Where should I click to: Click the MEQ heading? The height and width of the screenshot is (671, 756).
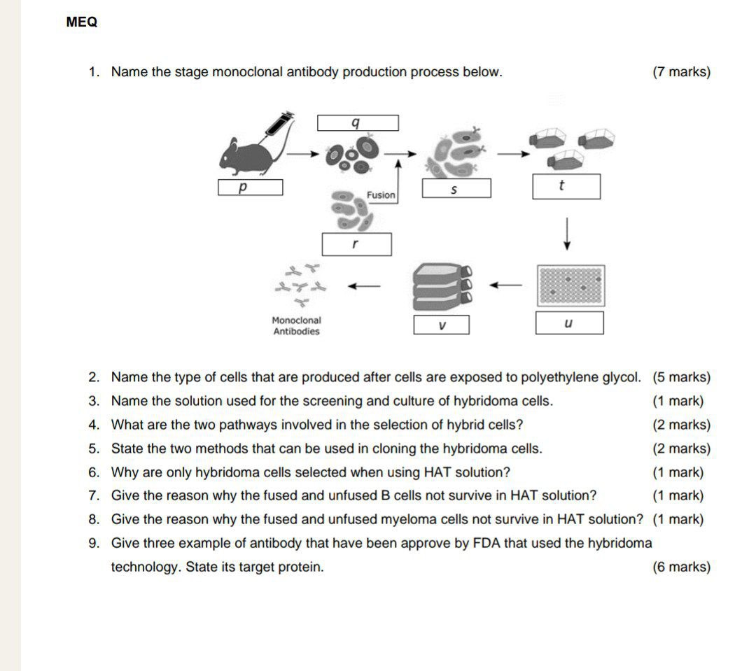(82, 22)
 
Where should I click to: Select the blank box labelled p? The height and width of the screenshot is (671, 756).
(250, 188)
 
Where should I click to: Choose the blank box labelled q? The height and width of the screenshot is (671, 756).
(358, 123)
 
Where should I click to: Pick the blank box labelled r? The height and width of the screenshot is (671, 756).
(356, 244)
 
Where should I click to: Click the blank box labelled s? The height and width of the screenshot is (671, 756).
(456, 188)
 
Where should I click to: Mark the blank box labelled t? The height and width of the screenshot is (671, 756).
(566, 187)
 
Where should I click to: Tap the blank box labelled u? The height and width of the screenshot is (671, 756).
(569, 323)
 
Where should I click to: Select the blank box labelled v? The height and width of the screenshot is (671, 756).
(441, 325)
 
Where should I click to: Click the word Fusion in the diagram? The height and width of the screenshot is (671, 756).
(381, 195)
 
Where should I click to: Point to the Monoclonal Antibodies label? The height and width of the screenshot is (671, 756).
(296, 326)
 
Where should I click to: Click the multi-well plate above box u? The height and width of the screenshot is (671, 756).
(570, 285)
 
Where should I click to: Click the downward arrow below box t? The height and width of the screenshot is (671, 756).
(567, 233)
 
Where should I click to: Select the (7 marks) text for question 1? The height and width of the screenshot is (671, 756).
(680, 72)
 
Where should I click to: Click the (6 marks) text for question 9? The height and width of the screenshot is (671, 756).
(680, 567)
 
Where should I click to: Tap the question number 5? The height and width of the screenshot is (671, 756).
(94, 449)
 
